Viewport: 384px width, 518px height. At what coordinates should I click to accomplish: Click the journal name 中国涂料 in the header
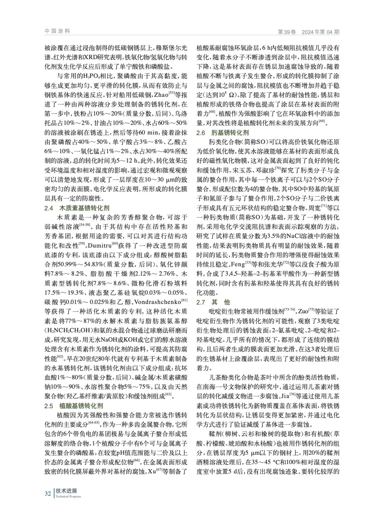[x=57, y=31]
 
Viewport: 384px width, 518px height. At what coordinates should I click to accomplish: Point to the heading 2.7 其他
[x=214, y=302]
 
